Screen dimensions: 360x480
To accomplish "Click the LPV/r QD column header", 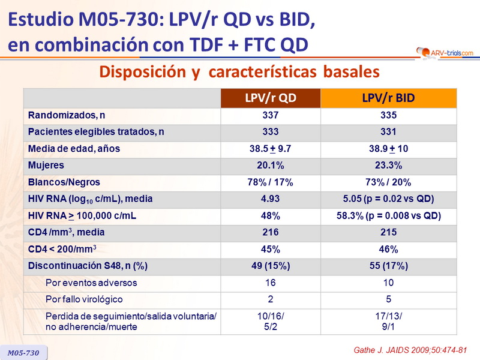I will coord(271,98).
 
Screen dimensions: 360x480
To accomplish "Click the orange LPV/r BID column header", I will coord(389,98).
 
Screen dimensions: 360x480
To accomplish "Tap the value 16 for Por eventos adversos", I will coord(271,283).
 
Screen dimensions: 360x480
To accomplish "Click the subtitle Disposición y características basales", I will coord(239,72).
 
